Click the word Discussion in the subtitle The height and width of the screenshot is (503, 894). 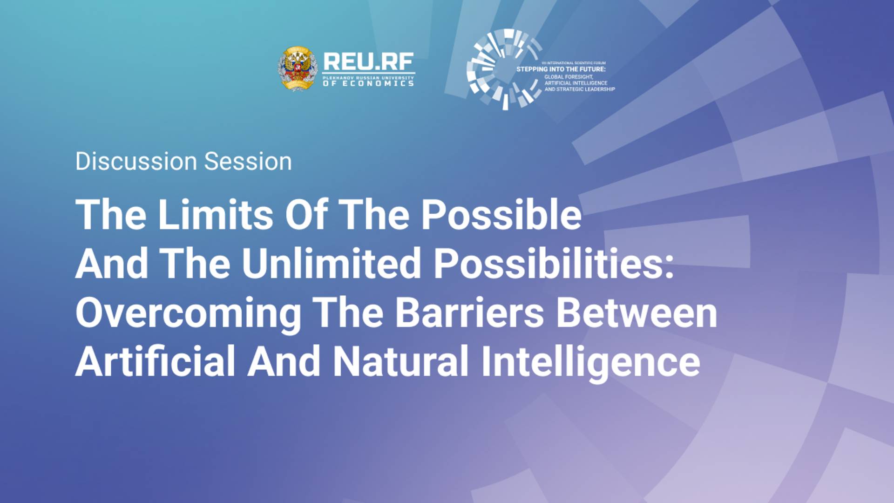tap(136, 162)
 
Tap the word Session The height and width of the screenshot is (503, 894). tap(248, 162)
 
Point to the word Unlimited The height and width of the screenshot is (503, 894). tap(331, 264)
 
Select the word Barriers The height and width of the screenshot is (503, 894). tap(469, 313)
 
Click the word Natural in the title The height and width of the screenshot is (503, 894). tap(400, 362)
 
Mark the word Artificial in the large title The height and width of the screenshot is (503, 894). tap(155, 362)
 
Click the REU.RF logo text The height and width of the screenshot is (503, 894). tap(368, 61)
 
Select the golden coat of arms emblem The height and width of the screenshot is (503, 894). tap(298, 69)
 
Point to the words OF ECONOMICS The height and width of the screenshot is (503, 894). tap(368, 83)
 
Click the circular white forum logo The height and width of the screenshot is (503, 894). tap(504, 70)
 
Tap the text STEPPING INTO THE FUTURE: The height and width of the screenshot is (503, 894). tap(561, 69)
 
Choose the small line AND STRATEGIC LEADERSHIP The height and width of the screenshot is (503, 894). tap(580, 89)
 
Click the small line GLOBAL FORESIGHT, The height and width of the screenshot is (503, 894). tap(569, 77)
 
